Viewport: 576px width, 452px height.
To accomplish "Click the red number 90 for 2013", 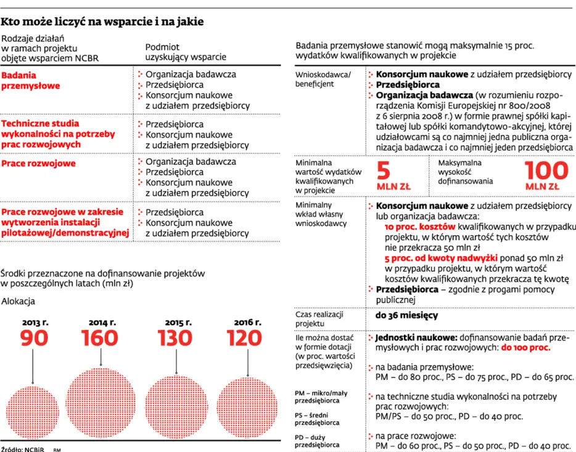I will coord(34,338).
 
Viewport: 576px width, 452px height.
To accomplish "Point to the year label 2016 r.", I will coord(247,321).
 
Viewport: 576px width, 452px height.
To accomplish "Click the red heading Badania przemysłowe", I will coord(30,80).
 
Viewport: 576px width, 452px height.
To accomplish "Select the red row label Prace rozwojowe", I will coord(38,163).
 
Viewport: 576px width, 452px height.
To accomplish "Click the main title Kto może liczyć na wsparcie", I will coord(102,22).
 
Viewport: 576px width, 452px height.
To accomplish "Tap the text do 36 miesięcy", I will coord(406,315).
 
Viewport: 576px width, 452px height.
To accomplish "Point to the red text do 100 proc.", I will coord(525,347).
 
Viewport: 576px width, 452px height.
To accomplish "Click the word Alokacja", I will coord(18,301).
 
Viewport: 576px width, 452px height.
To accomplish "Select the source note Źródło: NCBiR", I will coord(22,449).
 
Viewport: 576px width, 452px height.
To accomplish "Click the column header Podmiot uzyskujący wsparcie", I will coord(185,52).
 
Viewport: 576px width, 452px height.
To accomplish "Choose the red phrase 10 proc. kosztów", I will coord(420,227).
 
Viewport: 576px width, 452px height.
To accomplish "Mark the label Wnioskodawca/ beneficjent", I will coord(323,79).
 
